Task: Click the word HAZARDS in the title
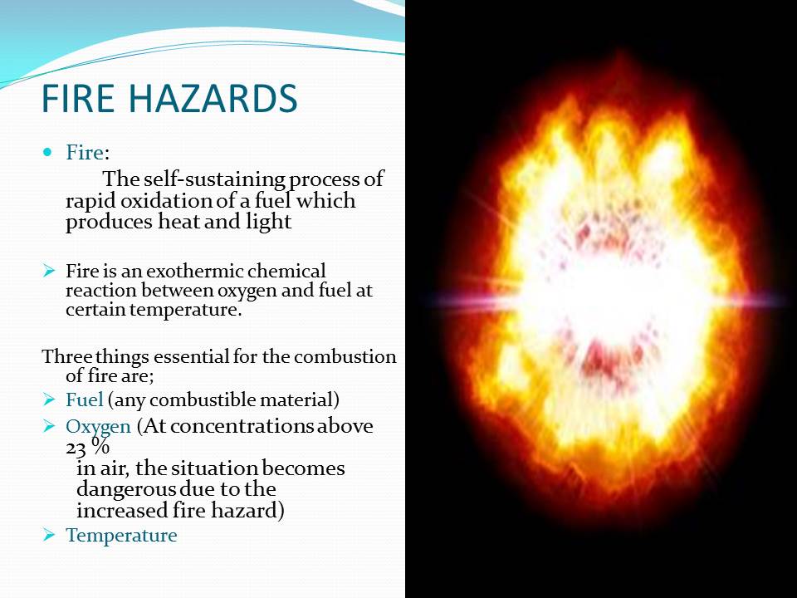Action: pos(222,98)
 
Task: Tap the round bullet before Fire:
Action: pos(48,151)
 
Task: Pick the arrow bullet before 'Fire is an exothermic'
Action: pos(49,271)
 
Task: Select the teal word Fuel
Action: pos(85,399)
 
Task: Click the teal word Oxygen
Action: pos(98,427)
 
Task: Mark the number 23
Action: pos(76,448)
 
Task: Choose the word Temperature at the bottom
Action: pos(121,536)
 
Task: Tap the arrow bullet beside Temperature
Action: pos(49,534)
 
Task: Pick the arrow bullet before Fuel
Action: pos(49,399)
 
